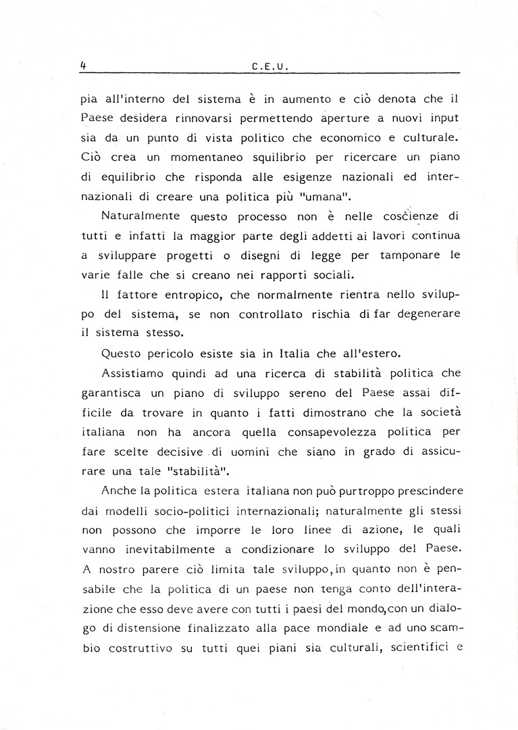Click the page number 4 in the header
tap(82, 66)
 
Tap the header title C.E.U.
tap(269, 66)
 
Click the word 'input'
tap(442, 118)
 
